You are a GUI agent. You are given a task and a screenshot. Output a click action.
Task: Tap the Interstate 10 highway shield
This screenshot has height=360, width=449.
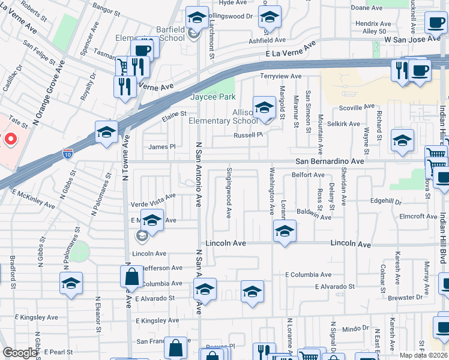[x=68, y=155]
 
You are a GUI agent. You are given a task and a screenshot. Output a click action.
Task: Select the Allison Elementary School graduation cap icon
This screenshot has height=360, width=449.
[x=264, y=108]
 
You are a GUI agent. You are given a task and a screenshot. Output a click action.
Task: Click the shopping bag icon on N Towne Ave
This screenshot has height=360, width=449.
[x=131, y=277]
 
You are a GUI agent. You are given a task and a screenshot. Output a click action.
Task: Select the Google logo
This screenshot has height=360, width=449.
[x=20, y=353]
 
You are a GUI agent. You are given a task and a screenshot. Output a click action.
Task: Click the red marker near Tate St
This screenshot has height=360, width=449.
[x=10, y=140]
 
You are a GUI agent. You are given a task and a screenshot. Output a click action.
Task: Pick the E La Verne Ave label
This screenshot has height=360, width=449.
[x=291, y=51]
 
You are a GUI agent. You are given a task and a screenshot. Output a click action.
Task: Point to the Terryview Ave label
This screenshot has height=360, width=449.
[x=280, y=76]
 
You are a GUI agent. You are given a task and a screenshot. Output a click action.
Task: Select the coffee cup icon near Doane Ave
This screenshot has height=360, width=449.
[x=435, y=23]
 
